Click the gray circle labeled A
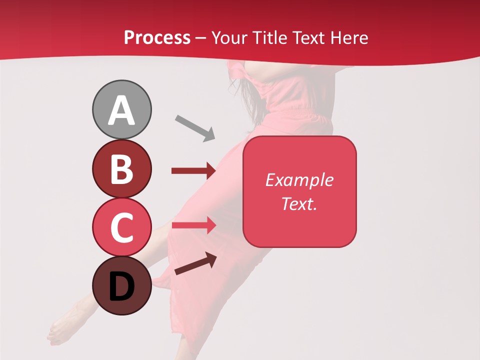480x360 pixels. [x=122, y=109]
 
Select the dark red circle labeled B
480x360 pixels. [x=122, y=168]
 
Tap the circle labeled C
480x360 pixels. [x=122, y=227]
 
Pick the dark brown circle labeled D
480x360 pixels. [x=122, y=286]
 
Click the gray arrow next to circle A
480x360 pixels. [x=194, y=127]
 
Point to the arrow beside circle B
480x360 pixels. [x=193, y=171]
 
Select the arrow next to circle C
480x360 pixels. [x=193, y=225]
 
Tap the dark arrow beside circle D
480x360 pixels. [x=195, y=264]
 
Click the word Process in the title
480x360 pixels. [x=157, y=37]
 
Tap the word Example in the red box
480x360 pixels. [x=299, y=180]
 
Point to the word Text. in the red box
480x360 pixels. [x=299, y=203]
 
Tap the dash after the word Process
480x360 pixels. [x=201, y=38]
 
